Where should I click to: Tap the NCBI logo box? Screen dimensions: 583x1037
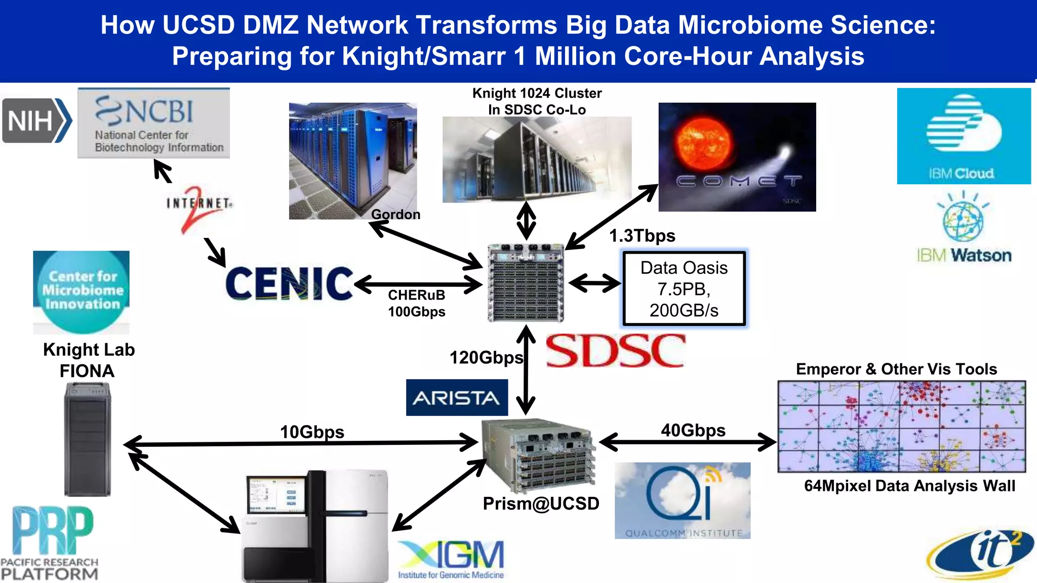coord(153,123)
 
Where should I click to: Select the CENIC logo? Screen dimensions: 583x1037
coord(289,283)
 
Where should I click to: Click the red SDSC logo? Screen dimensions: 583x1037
coord(616,350)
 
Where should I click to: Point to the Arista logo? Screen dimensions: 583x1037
coord(457,398)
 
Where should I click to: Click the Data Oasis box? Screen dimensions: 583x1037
coord(684,288)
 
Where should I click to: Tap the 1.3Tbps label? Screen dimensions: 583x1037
coord(642,236)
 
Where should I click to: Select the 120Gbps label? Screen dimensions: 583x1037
coord(486,358)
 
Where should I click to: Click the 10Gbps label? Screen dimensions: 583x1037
coord(312,432)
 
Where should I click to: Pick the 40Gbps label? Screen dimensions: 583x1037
coord(693,430)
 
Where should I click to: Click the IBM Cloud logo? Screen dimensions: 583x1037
coord(964,136)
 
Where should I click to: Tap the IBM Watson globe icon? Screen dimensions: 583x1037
coord(963,220)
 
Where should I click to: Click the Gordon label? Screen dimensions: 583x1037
coord(395,215)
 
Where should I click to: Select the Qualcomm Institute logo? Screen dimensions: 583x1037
coord(683,501)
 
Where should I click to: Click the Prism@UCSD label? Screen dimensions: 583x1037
coord(541,504)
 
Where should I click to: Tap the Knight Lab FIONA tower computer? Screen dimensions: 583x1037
coord(87,439)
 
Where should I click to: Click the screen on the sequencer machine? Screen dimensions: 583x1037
coord(276,496)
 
